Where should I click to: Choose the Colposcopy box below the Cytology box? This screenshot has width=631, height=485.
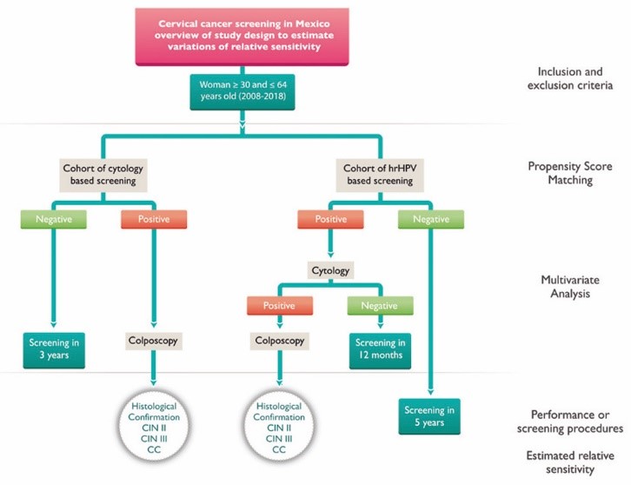pos(280,342)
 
